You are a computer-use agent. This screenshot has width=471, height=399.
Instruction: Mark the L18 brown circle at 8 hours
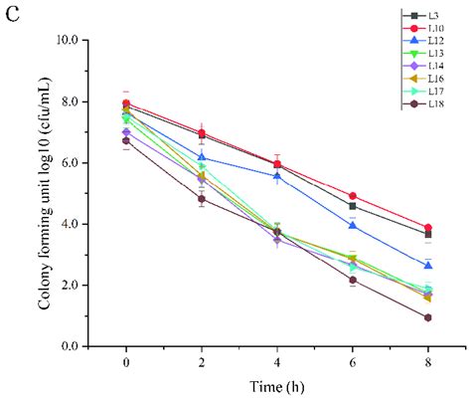[x=427, y=317]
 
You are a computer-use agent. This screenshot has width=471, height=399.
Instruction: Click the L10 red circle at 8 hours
[x=427, y=228]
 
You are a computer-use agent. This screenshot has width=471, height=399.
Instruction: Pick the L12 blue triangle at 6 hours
[x=352, y=226]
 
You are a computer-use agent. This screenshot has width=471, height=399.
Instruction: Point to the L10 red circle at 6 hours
[x=352, y=196]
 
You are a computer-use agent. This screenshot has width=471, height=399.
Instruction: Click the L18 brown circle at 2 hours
[x=201, y=199]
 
